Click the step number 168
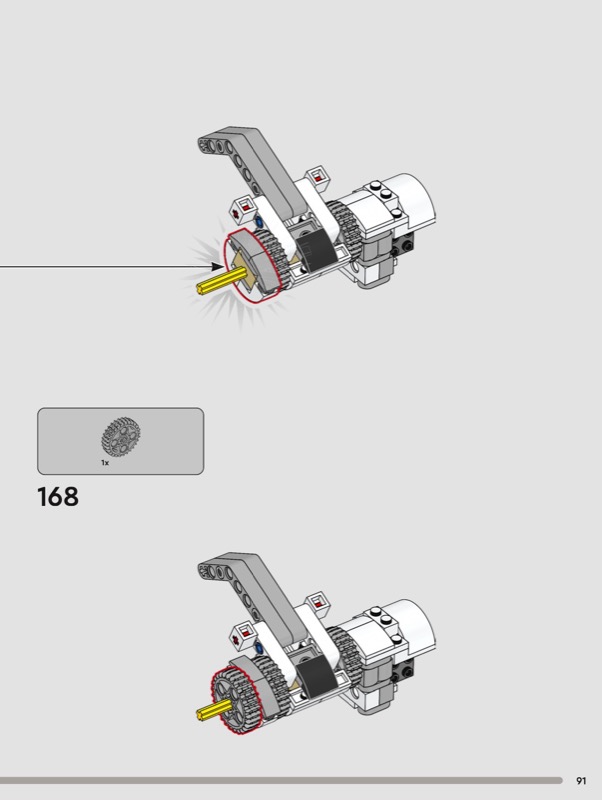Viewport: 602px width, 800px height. point(58,496)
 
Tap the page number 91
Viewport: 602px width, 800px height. point(581,781)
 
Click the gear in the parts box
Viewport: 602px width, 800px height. point(121,436)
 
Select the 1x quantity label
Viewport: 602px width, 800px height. point(105,463)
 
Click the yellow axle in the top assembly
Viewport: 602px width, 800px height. point(218,282)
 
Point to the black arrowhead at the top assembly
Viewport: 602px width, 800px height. point(217,266)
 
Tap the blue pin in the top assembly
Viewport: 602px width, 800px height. point(259,222)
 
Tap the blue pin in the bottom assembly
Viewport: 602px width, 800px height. point(259,648)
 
